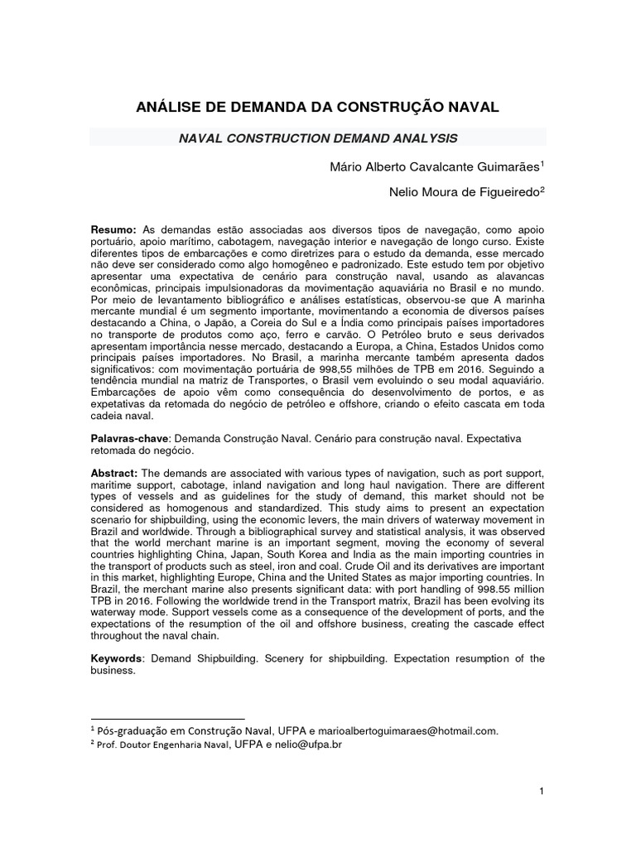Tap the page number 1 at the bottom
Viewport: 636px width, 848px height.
(541, 792)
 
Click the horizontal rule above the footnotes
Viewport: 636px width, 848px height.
(166, 718)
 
